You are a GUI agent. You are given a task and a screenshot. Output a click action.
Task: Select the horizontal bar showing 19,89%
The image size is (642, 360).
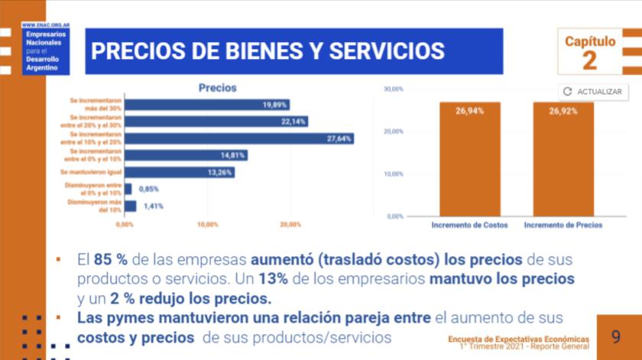pyautogui.click(x=206, y=104)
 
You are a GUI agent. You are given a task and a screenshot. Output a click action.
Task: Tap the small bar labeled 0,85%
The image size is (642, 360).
pyautogui.click(x=128, y=189)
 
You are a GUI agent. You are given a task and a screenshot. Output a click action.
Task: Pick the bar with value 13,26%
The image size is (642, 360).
pyautogui.click(x=179, y=172)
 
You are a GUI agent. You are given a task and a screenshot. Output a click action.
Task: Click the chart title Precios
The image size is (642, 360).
pyautogui.click(x=218, y=88)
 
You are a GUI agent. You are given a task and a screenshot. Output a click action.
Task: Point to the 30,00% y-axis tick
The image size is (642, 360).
pyautogui.click(x=393, y=89)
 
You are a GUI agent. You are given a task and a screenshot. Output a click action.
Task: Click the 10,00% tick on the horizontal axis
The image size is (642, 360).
pyautogui.click(x=207, y=225)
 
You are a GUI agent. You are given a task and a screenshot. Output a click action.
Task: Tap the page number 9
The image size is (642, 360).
pyautogui.click(x=616, y=336)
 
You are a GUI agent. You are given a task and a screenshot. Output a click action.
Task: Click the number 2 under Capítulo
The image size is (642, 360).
pyautogui.click(x=589, y=60)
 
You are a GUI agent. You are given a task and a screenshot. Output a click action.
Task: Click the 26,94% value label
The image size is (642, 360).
pyautogui.click(x=469, y=111)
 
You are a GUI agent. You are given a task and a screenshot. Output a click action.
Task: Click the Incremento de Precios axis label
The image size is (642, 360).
pyautogui.click(x=563, y=225)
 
